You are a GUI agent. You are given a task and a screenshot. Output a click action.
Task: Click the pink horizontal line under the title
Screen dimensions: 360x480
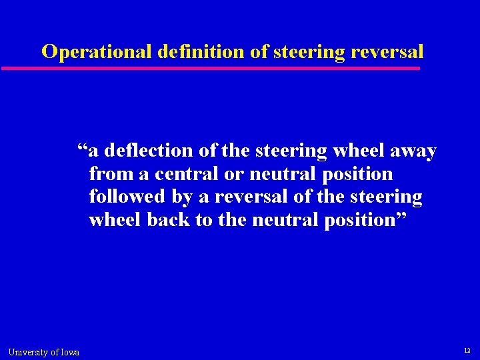coord(211,68)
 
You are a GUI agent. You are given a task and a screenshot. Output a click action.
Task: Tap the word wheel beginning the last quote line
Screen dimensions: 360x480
coord(115,219)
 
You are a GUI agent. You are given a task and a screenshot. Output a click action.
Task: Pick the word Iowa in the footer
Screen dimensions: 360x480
coord(69,352)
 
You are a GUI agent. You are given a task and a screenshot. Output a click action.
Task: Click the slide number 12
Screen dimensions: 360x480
coord(467,351)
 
